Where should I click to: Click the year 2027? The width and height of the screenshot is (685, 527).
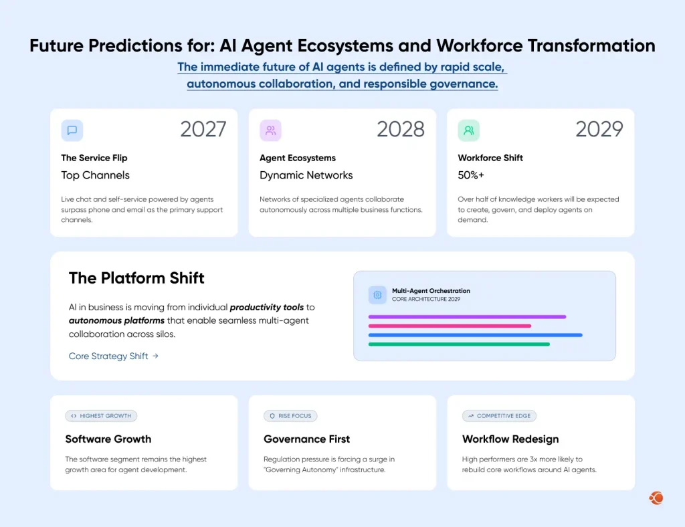tap(203, 129)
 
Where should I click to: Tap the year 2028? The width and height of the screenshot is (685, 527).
tap(400, 129)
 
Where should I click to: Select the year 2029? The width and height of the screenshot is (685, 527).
tap(599, 129)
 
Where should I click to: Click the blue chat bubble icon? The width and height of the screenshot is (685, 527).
tap(72, 130)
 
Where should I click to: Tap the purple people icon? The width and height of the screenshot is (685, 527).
tap(270, 130)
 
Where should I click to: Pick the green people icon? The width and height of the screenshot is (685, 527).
tap(468, 130)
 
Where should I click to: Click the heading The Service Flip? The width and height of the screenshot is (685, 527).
tap(94, 158)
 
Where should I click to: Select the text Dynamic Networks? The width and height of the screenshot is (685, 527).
tap(306, 175)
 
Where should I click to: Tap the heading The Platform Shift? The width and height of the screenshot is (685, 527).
tap(136, 278)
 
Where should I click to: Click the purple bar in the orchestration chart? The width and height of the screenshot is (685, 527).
tap(467, 317)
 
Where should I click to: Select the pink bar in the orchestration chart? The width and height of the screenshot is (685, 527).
tap(450, 326)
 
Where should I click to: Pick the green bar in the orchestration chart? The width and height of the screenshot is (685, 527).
tap(459, 344)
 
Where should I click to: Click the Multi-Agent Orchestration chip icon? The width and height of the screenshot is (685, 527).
tap(377, 295)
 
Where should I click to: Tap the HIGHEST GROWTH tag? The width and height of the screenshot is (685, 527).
tap(101, 416)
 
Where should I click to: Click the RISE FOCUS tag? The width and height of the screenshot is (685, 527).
tap(290, 416)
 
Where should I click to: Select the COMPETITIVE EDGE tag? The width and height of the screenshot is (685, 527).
tap(499, 416)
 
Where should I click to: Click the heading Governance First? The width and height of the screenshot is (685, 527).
tap(306, 439)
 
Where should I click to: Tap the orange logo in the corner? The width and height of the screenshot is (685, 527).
tap(656, 498)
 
